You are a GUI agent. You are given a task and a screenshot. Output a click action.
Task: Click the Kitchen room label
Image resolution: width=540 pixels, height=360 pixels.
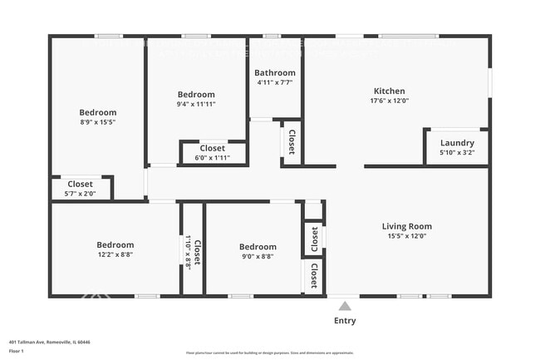389,91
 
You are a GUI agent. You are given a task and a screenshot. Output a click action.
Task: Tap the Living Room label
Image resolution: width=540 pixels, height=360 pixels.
406,226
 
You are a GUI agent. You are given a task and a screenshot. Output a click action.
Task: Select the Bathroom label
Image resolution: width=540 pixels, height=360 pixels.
275,73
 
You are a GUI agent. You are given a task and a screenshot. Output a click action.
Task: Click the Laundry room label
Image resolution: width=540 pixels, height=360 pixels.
457,143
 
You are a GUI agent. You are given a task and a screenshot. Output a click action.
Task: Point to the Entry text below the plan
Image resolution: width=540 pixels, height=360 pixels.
345,321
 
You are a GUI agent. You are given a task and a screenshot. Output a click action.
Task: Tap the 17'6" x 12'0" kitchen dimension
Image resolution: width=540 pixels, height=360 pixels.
389,101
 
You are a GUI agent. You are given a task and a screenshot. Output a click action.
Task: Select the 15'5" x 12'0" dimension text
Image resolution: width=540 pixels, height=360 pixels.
406,236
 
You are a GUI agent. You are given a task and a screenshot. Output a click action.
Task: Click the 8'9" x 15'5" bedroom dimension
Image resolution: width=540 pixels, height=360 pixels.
97,122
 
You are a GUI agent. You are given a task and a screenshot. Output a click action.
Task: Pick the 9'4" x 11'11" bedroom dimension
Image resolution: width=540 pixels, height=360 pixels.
196,104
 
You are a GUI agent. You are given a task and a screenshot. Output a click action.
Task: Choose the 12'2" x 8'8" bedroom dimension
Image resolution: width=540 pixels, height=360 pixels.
115,255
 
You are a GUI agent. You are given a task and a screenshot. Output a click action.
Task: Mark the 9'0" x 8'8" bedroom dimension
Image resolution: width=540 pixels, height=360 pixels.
257,256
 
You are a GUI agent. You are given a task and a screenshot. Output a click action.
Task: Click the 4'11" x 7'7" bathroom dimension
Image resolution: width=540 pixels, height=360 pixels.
275,83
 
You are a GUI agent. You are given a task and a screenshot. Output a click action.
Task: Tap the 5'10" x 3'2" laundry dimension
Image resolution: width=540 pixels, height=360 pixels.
457,153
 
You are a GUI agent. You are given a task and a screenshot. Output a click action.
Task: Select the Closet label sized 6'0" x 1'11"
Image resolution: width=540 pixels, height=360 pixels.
212,149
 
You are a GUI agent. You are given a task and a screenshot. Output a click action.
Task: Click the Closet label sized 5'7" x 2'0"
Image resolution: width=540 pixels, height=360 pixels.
80,184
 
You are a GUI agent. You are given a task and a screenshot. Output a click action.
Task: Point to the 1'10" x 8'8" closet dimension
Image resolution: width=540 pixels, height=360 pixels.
189,252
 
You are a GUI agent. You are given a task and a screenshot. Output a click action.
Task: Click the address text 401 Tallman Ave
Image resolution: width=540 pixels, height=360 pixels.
49,342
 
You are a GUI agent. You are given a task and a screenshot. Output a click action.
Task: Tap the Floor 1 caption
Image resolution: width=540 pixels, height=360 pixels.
17,351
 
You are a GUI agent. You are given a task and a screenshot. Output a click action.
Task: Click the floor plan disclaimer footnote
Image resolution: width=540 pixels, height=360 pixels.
270,353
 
